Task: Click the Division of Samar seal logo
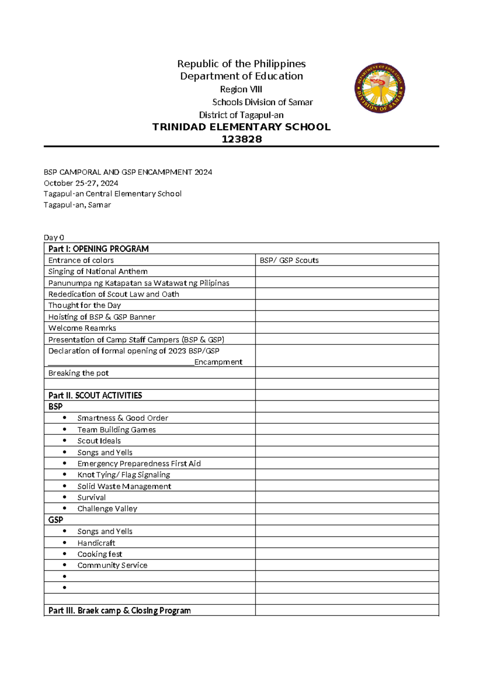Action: pyautogui.click(x=380, y=88)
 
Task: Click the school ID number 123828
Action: pyautogui.click(x=242, y=139)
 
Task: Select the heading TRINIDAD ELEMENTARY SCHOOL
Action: pyautogui.click(x=242, y=127)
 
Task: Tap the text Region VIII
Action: pyautogui.click(x=241, y=89)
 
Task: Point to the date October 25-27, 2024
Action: pyautogui.click(x=80, y=183)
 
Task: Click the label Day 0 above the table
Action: pyautogui.click(x=54, y=237)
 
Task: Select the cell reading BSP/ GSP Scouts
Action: pyautogui.click(x=289, y=260)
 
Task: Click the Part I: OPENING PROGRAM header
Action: pyautogui.click(x=99, y=248)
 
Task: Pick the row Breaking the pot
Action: pyautogui.click(x=78, y=373)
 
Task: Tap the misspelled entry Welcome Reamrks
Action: pyautogui.click(x=82, y=328)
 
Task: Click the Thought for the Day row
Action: pyautogui.click(x=85, y=305)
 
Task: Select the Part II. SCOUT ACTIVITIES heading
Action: pyautogui.click(x=95, y=395)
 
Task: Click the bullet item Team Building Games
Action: pyautogui.click(x=116, y=430)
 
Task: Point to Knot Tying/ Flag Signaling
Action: pyautogui.click(x=124, y=475)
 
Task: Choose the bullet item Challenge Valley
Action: pyautogui.click(x=107, y=509)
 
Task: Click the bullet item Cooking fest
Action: pyautogui.click(x=99, y=554)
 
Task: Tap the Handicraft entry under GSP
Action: pyautogui.click(x=96, y=543)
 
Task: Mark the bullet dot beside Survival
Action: pyautogui.click(x=64, y=497)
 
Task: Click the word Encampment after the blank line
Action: pyautogui.click(x=218, y=362)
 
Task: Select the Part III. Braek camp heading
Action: pyautogui.click(x=120, y=610)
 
